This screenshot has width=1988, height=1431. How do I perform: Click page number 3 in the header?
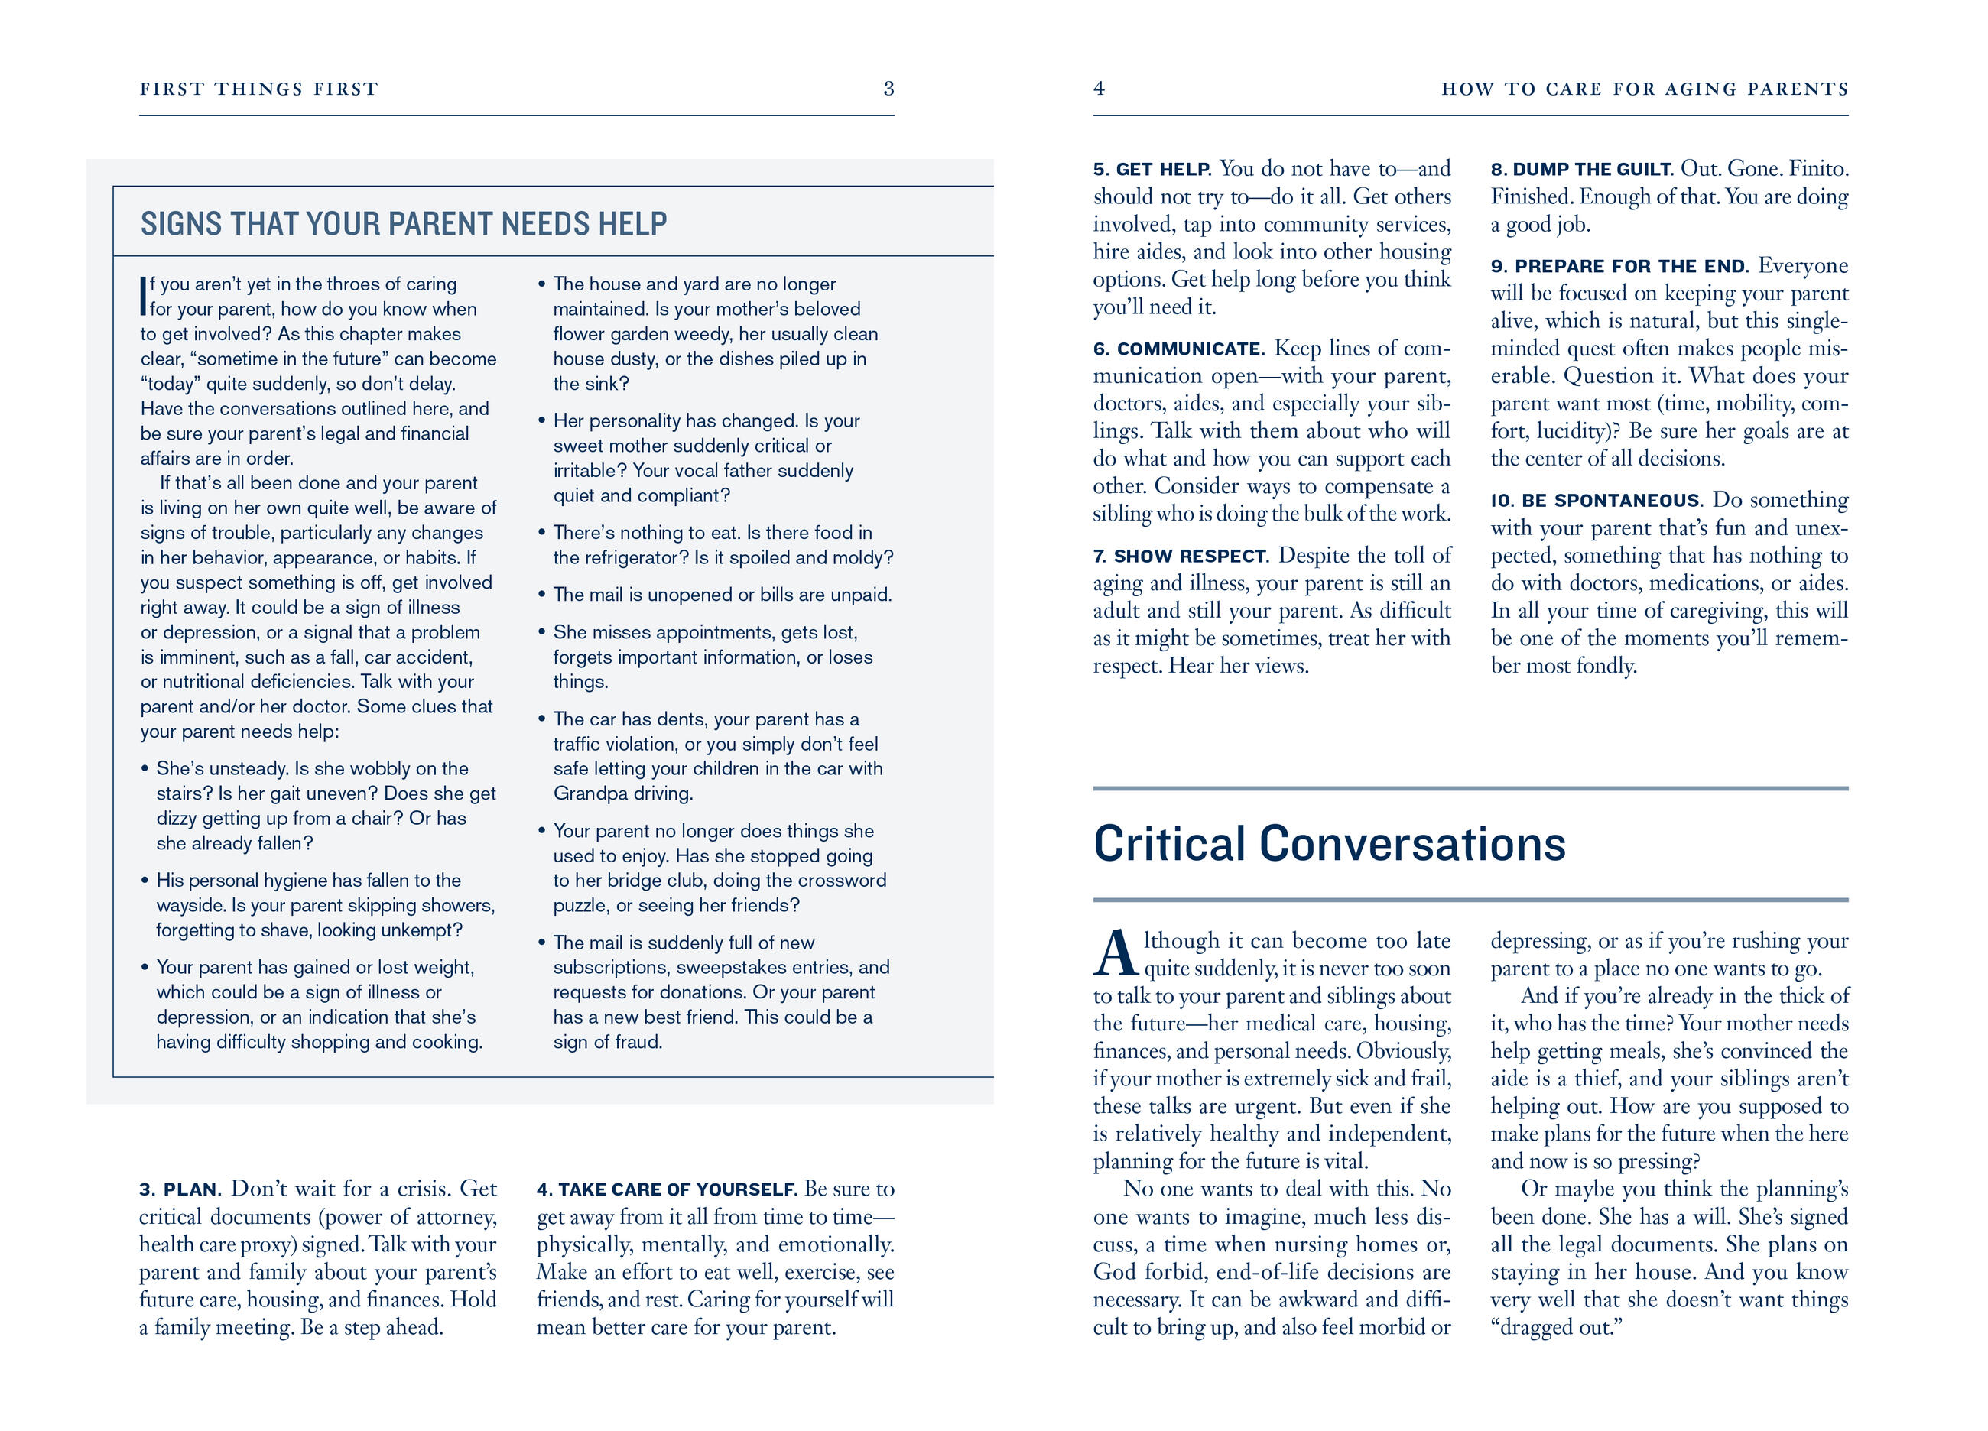point(888,89)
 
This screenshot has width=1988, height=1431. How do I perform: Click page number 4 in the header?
point(1100,89)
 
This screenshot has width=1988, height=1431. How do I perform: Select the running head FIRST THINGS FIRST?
point(258,89)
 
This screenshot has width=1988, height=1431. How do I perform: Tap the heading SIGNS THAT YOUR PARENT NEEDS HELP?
point(403,224)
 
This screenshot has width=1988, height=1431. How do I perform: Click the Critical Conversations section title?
point(1329,844)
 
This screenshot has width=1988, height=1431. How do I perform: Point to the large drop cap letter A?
point(1116,954)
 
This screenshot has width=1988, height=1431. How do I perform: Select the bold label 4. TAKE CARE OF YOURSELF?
point(666,1190)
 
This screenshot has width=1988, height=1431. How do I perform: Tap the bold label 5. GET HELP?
point(1152,170)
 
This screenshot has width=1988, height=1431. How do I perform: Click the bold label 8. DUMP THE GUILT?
point(1581,170)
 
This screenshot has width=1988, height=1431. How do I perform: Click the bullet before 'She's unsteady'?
point(145,770)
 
